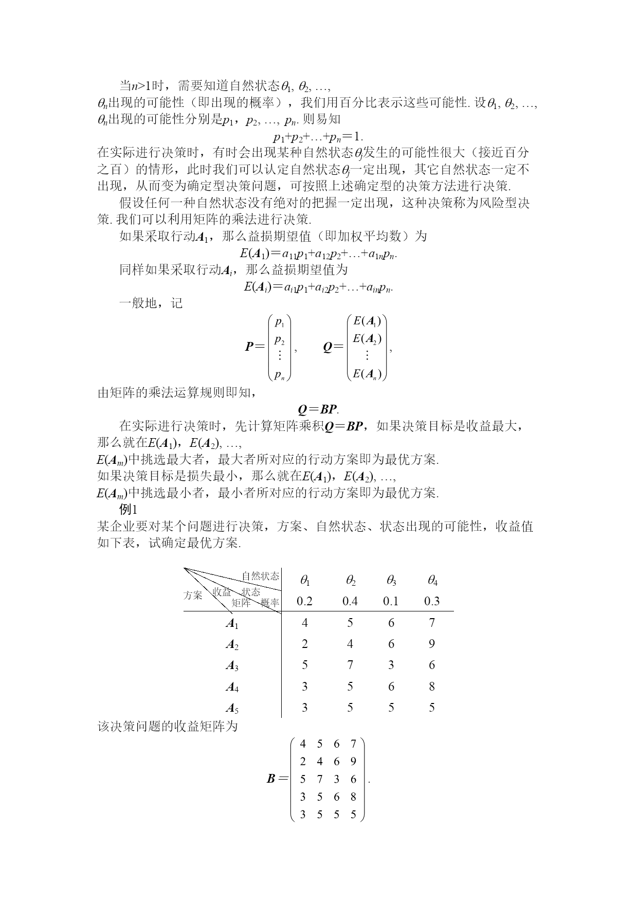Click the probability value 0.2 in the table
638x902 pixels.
(x=304, y=601)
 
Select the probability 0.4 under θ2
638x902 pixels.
(x=350, y=601)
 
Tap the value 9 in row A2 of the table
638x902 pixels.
(x=432, y=644)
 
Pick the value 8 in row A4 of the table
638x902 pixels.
(x=432, y=686)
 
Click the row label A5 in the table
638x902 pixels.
(x=232, y=708)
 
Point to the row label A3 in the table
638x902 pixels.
(x=232, y=666)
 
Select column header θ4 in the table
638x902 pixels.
(x=432, y=581)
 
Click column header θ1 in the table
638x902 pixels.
(x=305, y=581)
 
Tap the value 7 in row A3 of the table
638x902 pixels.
(x=350, y=665)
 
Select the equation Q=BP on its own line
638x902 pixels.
(x=319, y=409)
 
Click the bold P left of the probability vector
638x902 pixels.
(x=249, y=347)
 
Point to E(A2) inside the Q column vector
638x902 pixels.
(x=367, y=339)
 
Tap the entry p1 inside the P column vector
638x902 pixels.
(x=280, y=322)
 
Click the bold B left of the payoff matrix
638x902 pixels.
(x=271, y=779)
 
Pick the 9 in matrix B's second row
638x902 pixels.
(x=353, y=761)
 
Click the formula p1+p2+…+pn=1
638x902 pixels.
(x=318, y=137)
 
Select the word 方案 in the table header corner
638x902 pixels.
(x=193, y=595)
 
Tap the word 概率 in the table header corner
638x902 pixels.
(x=270, y=603)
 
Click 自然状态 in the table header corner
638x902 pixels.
(x=261, y=576)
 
